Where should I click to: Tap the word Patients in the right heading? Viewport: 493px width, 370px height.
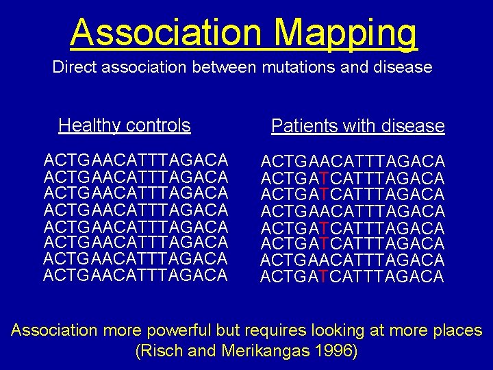(x=299, y=126)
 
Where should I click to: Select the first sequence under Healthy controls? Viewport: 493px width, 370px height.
(x=136, y=160)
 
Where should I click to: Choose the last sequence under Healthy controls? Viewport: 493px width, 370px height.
(x=136, y=275)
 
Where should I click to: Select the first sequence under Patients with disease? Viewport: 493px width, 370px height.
(x=353, y=162)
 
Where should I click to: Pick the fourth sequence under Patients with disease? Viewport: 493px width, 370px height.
(x=353, y=211)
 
